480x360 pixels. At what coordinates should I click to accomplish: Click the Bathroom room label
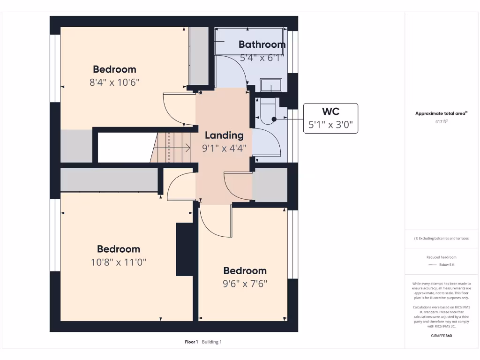(x=262, y=45)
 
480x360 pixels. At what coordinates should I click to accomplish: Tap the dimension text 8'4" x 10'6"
(x=114, y=82)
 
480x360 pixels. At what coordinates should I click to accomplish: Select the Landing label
(x=224, y=135)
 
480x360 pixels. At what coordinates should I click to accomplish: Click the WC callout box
(x=330, y=118)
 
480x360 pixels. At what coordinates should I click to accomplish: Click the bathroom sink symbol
(x=270, y=86)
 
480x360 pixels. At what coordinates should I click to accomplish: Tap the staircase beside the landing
(x=172, y=148)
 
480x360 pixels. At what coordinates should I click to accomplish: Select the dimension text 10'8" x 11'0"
(x=119, y=262)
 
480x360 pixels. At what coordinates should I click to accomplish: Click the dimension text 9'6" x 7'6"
(x=245, y=284)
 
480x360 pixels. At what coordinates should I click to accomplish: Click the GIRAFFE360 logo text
(x=442, y=336)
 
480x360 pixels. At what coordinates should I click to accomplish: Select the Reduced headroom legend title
(x=441, y=257)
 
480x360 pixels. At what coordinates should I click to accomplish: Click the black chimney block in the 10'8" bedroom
(x=185, y=249)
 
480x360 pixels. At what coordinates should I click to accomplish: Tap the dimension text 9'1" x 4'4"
(x=224, y=149)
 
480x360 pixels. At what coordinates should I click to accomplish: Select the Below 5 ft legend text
(x=447, y=265)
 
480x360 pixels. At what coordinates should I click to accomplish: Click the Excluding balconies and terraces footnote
(x=441, y=239)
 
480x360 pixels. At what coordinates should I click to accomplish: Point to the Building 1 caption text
(x=212, y=342)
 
